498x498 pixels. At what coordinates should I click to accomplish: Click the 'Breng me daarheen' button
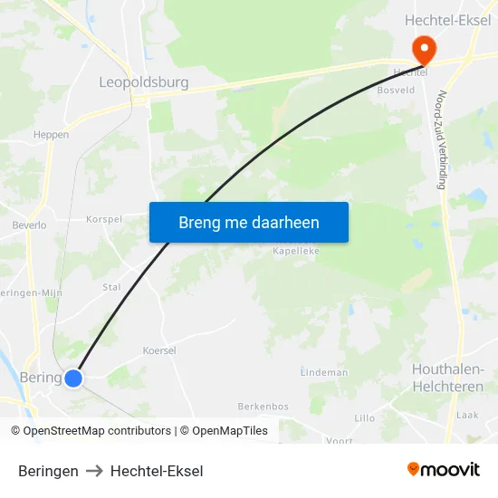click(249, 222)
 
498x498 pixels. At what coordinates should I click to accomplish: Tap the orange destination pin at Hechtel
click(423, 49)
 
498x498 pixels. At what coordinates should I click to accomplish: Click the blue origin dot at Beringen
click(73, 378)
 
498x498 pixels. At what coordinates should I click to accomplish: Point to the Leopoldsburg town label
click(143, 82)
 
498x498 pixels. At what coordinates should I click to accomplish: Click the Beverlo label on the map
click(29, 225)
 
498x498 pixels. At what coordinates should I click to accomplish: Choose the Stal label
click(111, 287)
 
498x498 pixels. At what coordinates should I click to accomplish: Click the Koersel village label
click(158, 350)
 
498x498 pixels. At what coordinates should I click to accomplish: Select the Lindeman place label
click(324, 372)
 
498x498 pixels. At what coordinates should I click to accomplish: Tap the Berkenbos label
click(263, 407)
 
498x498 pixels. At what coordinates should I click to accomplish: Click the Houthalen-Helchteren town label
click(447, 378)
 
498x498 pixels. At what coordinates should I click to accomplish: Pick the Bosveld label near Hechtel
click(396, 91)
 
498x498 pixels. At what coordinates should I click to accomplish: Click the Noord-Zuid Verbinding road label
click(442, 139)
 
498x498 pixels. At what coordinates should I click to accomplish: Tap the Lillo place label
click(364, 418)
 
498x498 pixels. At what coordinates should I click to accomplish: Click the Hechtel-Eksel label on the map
click(447, 21)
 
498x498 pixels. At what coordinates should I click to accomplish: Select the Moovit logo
click(443, 470)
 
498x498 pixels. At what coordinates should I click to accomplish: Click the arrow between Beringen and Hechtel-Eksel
click(94, 471)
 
